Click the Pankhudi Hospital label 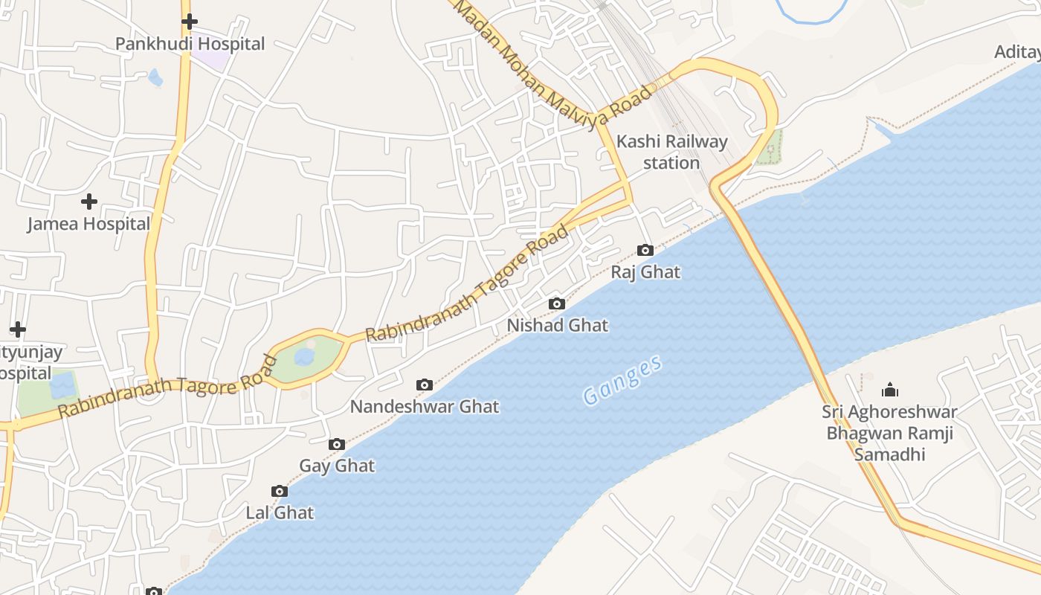pos(190,44)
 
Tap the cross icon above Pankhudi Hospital pos(190,22)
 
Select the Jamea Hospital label pos(88,224)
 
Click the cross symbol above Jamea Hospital pos(89,201)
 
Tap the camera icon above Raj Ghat pos(645,250)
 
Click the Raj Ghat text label pos(645,272)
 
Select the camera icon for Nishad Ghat pos(556,303)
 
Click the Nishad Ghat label pos(557,325)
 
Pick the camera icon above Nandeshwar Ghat pos(425,385)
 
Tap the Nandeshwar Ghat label pos(425,407)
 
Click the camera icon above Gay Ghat pos(337,444)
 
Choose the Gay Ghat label pos(337,466)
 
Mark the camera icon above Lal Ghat pos(280,491)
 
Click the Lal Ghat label pos(280,512)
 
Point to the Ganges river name pos(622,380)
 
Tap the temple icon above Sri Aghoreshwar pos(889,390)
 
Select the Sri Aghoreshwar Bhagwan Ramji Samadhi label pos(889,433)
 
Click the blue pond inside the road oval pos(304,357)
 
